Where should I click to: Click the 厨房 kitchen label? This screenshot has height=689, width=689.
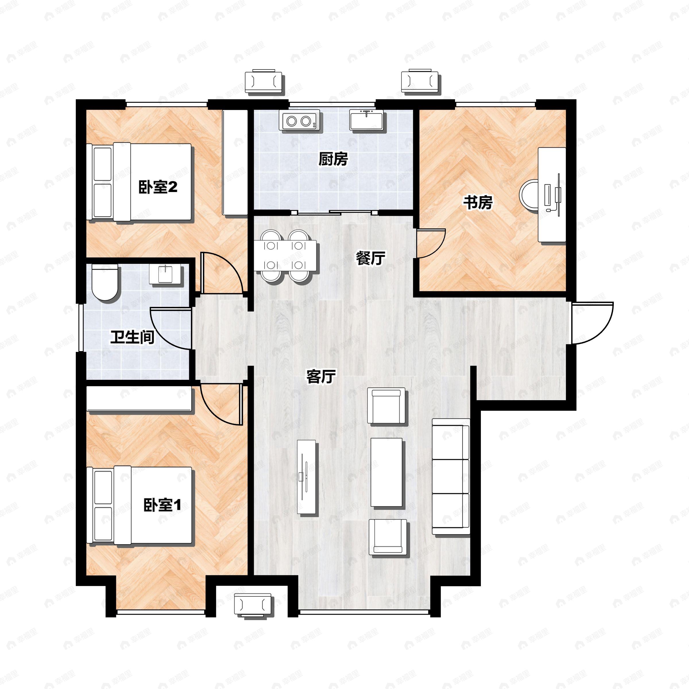coord(333,159)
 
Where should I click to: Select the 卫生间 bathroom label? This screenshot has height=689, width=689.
coord(132,337)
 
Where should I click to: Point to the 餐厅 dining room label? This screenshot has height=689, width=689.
coord(371,258)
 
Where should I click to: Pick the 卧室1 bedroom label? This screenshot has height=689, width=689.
coord(162,505)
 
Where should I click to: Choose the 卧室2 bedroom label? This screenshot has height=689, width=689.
coord(158,187)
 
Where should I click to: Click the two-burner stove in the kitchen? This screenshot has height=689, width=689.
coord(299,121)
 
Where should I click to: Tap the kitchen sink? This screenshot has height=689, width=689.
coord(366,120)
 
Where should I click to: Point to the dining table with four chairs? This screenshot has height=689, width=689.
coord(286,255)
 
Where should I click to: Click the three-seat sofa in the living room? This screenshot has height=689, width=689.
coord(451,477)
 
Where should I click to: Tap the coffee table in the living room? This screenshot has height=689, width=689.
coord(387,472)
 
